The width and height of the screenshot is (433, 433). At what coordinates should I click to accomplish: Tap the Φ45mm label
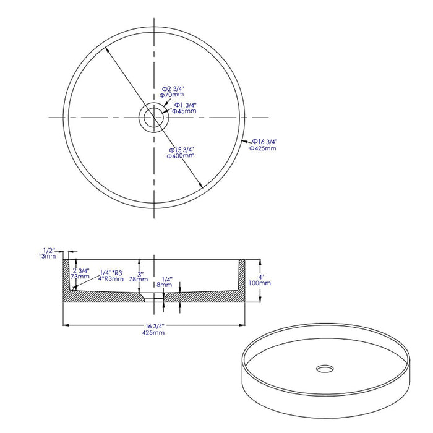click(184, 111)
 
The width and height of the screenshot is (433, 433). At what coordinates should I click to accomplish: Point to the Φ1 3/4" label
click(185, 105)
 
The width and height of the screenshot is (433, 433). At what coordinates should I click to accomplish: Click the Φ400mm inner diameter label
click(181, 156)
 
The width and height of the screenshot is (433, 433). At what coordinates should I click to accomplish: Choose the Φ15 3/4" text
click(182, 149)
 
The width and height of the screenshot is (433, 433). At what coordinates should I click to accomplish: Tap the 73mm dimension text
click(80, 277)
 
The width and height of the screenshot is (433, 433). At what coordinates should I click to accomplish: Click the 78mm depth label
click(140, 280)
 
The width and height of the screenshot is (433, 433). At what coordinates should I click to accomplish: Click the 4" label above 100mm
click(262, 276)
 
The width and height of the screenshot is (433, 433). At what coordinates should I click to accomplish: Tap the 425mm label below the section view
click(153, 333)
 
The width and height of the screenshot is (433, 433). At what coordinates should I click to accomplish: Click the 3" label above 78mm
click(140, 273)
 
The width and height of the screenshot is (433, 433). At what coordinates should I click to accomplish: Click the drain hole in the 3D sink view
click(324, 369)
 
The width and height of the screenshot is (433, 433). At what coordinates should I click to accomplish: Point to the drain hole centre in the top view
click(153, 118)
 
